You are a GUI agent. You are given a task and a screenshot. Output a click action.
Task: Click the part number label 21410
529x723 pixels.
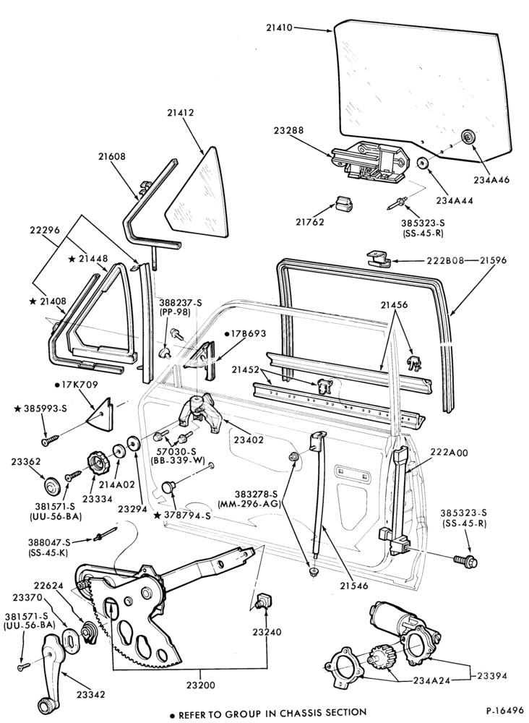[x=279, y=27]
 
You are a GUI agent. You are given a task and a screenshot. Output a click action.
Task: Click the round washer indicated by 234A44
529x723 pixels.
[x=423, y=163]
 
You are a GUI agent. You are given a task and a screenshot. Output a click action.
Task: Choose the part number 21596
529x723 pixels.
[x=493, y=260]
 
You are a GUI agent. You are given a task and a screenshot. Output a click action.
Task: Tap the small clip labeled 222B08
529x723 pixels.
[x=379, y=259]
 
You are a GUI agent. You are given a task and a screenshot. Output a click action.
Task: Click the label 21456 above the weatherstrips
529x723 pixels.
[x=394, y=305]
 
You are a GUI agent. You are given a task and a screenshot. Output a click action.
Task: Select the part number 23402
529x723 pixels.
[x=249, y=440]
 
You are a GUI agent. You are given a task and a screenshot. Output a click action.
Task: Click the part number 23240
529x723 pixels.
[x=267, y=632]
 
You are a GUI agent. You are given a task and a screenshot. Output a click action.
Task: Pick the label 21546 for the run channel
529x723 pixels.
[x=354, y=586]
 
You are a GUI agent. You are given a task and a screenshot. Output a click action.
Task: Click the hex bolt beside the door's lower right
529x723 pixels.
[x=466, y=561]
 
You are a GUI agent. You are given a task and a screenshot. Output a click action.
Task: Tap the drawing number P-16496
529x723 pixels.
[x=504, y=710]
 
